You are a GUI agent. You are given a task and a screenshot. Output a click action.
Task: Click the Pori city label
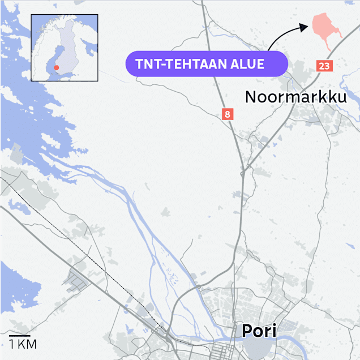coord(259,331)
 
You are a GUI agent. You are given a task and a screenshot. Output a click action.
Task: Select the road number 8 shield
coord(227,114)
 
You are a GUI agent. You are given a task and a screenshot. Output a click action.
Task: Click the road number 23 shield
coord(324,66)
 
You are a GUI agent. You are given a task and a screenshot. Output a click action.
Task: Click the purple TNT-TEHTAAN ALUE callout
coord(207,63)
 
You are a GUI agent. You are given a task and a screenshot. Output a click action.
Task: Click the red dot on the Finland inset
coord(55,68)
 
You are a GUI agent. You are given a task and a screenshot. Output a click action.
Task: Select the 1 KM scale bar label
coord(23,344)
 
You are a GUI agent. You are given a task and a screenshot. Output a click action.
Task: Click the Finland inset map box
coord(65,48)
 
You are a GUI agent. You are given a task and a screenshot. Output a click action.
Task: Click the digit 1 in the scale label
coord(11,344)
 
